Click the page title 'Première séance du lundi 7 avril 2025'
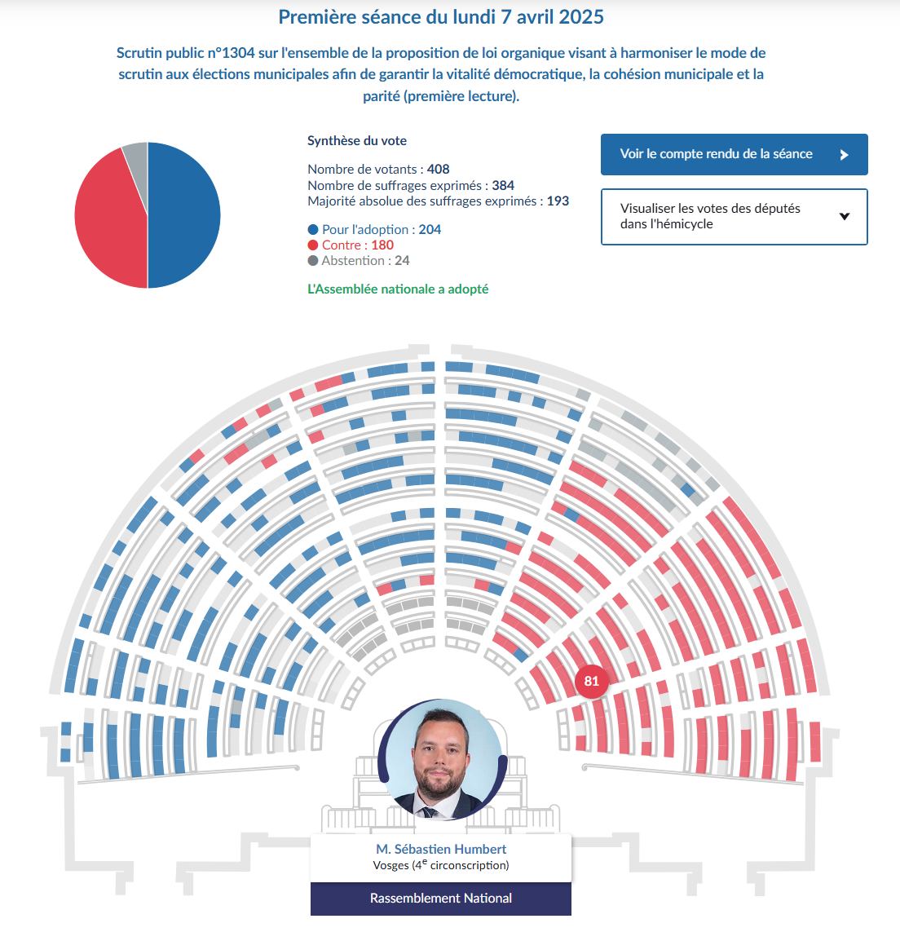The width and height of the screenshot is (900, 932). pos(440,17)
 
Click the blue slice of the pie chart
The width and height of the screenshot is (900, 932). pos(184,215)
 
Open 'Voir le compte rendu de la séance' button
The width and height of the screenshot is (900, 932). pos(735,155)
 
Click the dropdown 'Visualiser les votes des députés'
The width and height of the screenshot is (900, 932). pos(735,216)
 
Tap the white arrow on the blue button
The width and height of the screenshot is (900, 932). pos(844,155)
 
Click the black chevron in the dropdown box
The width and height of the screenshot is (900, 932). pos(844,216)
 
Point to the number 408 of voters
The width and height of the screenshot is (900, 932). pos(438,170)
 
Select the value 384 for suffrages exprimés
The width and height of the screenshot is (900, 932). pos(503,185)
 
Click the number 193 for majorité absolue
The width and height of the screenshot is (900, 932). pos(558,201)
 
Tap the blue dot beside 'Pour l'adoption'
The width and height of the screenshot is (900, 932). pos(313,229)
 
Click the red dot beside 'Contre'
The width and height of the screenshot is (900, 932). pos(313,245)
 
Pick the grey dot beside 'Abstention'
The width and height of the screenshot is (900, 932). pos(313,260)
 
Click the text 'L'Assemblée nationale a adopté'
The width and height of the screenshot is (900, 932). pos(398,289)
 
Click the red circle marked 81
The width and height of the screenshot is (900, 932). pos(592,681)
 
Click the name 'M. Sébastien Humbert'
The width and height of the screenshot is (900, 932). pos(441,850)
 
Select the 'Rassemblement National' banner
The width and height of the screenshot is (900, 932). pos(440,899)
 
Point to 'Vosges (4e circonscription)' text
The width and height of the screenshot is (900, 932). pos(441,865)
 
